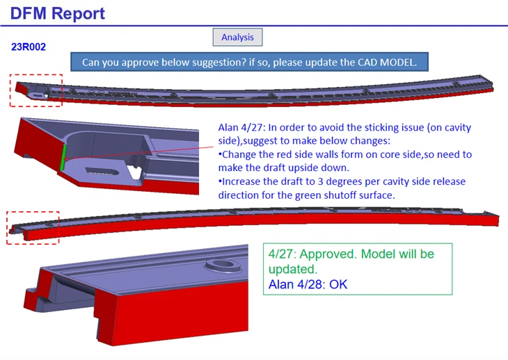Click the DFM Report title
coord(57,14)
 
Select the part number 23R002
coord(29,47)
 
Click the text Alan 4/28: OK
coord(308,285)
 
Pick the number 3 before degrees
coord(320,181)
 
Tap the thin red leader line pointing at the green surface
coord(139,153)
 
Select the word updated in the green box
coord(292,269)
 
